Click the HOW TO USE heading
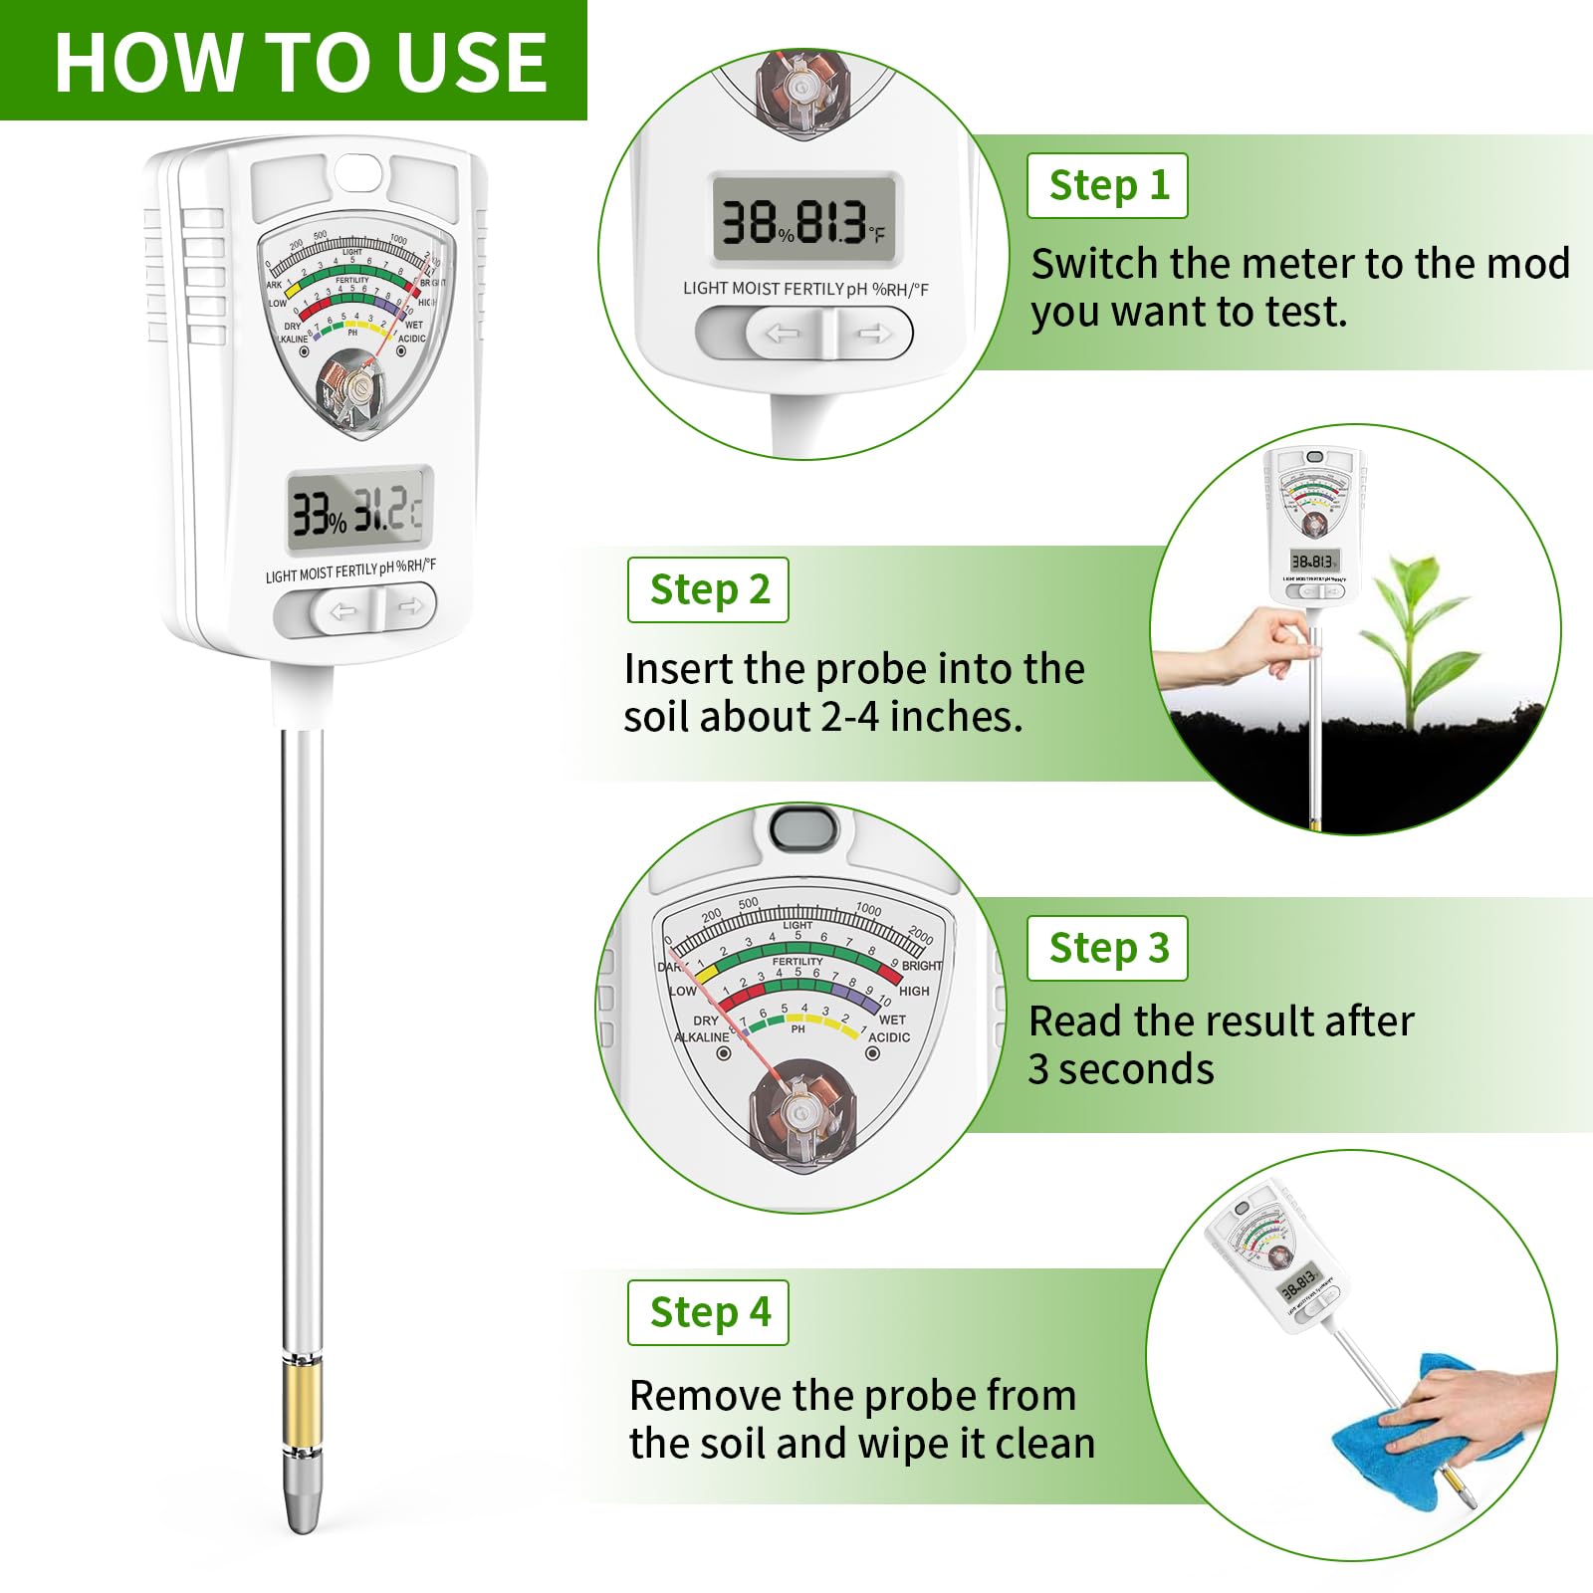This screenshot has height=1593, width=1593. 300,62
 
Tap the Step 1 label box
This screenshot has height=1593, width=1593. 1107,186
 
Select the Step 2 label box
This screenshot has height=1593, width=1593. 708,590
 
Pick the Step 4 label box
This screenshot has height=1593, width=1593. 708,1313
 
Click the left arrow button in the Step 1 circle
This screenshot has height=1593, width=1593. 783,334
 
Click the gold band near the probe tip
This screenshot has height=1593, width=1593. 302,1405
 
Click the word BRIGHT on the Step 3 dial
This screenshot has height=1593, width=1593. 921,965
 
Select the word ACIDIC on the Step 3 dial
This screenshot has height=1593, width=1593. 888,1037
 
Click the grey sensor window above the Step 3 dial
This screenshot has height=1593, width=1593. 803,826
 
